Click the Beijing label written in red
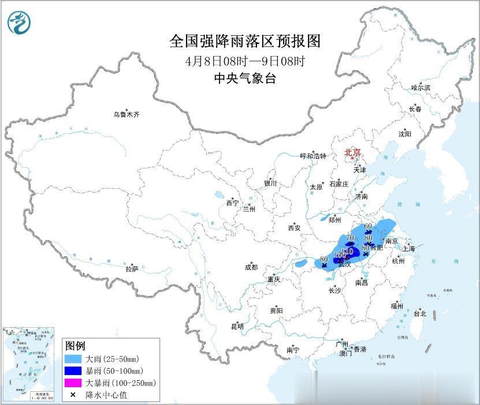click(x=352, y=152)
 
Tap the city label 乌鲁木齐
click(x=126, y=114)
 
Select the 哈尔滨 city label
click(x=421, y=87)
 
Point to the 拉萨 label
click(x=132, y=269)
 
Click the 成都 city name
click(x=251, y=267)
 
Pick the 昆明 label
click(x=237, y=327)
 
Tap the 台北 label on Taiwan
click(x=419, y=314)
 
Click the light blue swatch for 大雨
click(x=73, y=359)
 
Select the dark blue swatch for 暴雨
click(x=73, y=370)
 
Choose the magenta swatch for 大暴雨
click(x=73, y=382)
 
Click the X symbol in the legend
click(x=73, y=395)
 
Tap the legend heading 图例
click(x=75, y=346)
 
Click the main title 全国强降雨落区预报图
click(x=244, y=42)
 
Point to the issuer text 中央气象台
click(x=244, y=79)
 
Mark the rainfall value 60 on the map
click(x=367, y=226)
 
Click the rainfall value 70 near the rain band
click(x=349, y=237)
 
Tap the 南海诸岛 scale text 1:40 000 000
click(x=28, y=397)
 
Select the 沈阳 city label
click(x=404, y=134)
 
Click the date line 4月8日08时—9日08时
click(x=244, y=61)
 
